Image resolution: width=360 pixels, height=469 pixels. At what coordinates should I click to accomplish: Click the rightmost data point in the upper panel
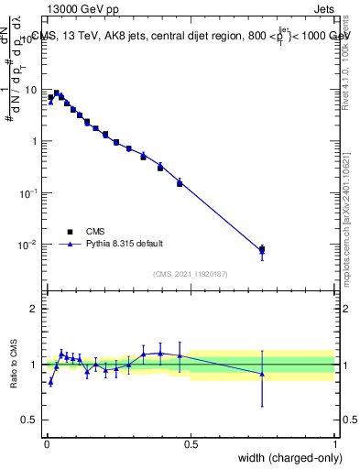pyautogui.click(x=262, y=249)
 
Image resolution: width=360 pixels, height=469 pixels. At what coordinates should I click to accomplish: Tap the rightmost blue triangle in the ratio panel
pyautogui.click(x=262, y=374)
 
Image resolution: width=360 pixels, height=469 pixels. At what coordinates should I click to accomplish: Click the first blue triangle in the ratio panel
pyautogui.click(x=50, y=382)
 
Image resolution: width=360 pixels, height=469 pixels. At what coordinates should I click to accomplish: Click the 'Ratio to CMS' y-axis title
pyautogui.click(x=16, y=365)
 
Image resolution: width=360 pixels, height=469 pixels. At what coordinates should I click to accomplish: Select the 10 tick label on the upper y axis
pyautogui.click(x=30, y=90)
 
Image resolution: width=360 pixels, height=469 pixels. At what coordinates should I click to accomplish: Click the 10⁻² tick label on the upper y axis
pyautogui.click(x=28, y=245)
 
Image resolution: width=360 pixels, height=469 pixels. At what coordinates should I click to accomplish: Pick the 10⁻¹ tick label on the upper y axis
pyautogui.click(x=28, y=193)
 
